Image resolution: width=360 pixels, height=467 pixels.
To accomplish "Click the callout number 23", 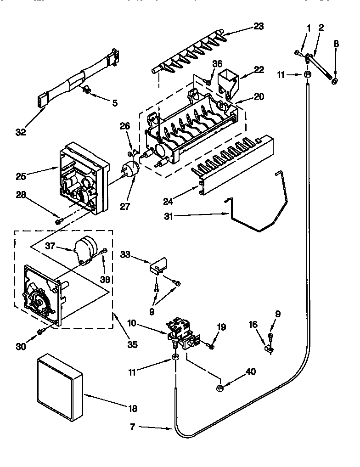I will (x=259, y=26).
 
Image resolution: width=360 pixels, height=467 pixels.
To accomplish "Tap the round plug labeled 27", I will (x=130, y=169).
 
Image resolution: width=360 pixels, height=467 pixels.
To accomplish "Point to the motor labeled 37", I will (x=85, y=250).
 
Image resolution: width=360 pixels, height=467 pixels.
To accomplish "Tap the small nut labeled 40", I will (x=219, y=389).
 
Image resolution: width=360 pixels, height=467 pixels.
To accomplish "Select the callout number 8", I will (x=336, y=45).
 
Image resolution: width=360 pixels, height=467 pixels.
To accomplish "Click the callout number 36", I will (x=217, y=65).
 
